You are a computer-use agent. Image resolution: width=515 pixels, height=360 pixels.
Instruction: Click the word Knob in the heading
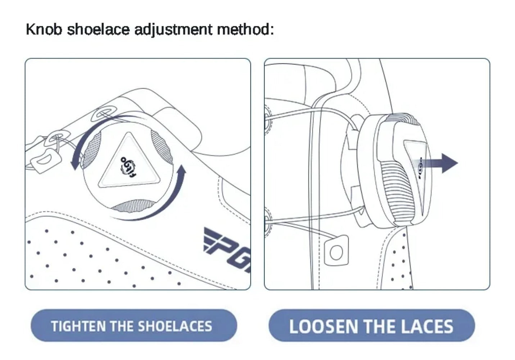pyautogui.click(x=44, y=29)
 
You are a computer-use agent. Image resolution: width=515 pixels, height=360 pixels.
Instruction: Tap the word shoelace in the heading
pyautogui.click(x=98, y=29)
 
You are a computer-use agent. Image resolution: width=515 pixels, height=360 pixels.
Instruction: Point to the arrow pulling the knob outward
pyautogui.click(x=441, y=163)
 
